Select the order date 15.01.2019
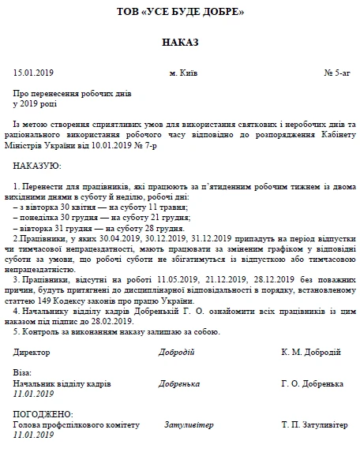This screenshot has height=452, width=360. click(32, 73)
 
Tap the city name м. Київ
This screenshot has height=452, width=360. click(183, 73)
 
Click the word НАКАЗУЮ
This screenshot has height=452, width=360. click(37, 166)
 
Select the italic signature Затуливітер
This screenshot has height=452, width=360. click(188, 424)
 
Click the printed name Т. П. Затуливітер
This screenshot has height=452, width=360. click(313, 424)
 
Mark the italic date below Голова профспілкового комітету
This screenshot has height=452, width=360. click(34, 435)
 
